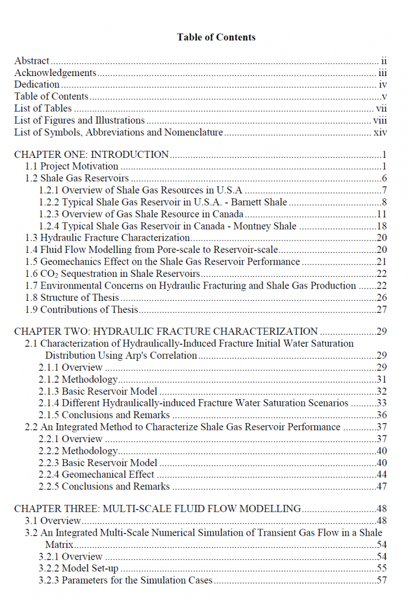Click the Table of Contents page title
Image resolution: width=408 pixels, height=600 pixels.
[216, 37]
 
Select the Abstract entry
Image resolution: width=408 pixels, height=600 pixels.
[32, 61]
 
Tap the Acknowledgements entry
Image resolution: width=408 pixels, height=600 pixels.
[55, 73]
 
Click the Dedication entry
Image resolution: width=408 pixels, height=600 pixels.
[37, 84]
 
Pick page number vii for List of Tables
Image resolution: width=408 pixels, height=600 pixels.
[381, 108]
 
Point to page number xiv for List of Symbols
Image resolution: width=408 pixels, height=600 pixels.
[380, 132]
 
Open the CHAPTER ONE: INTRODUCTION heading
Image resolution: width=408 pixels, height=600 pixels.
[91, 155]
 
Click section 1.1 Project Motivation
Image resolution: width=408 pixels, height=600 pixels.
[72, 167]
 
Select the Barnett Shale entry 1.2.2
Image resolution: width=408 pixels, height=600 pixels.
[163, 202]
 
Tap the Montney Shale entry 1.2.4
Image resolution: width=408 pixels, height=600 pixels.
[167, 226]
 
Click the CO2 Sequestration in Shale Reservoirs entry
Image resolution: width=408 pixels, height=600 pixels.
[113, 274]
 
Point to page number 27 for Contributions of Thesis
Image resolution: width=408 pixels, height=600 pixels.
[381, 310]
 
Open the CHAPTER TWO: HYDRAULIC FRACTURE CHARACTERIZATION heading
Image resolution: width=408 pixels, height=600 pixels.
[166, 332]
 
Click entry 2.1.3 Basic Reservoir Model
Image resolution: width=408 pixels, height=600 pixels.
[98, 392]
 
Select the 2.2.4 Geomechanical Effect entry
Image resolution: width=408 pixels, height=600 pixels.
[96, 475]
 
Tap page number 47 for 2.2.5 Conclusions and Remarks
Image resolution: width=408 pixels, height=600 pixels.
[381, 487]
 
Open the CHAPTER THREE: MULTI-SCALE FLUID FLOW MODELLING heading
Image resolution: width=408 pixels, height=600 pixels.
[158, 509]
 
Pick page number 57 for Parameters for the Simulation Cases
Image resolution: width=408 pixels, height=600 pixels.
[381, 580]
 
